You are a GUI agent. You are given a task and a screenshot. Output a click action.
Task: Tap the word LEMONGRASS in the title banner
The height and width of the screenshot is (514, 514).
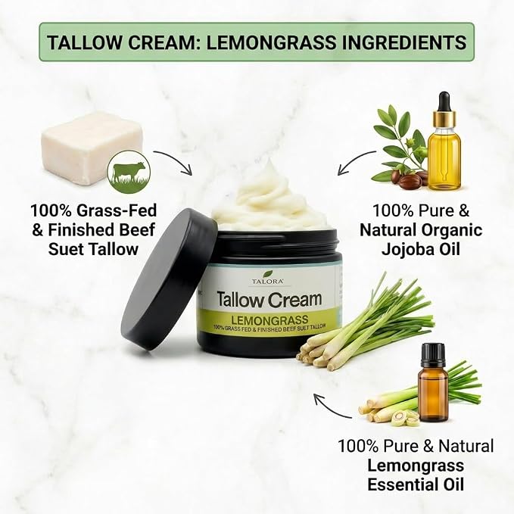click(271, 42)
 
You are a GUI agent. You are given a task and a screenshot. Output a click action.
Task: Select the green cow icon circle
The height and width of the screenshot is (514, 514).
click(129, 172)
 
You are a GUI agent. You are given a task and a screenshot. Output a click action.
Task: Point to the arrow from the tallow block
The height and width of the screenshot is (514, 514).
click(175, 160)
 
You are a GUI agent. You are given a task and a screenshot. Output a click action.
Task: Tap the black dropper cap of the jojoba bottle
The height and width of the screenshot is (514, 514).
click(444, 102)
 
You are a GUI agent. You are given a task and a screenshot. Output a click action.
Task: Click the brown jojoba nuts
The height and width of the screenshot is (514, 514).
click(413, 179)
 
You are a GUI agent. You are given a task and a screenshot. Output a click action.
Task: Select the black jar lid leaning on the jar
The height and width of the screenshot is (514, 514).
click(168, 279)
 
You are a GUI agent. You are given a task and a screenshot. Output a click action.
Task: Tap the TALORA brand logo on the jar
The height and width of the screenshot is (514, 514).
click(268, 278)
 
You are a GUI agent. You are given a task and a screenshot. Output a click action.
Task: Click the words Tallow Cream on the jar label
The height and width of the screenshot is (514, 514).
click(269, 299)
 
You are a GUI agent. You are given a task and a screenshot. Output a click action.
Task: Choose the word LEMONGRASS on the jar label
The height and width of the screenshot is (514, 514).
click(269, 319)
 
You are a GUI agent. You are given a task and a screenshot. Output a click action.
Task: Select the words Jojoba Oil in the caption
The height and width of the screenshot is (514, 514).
click(421, 249)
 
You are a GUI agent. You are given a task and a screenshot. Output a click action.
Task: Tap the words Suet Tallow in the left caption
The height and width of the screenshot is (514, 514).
click(93, 249)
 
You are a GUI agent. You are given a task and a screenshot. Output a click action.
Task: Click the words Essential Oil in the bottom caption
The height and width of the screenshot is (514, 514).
click(416, 484)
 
